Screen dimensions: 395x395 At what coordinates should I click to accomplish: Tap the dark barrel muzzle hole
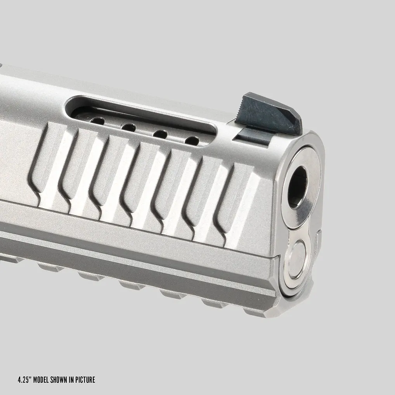(x=298, y=187)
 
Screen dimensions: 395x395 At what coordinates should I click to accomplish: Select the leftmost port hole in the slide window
(x=97, y=121)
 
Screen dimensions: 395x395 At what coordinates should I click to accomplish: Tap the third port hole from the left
(x=161, y=134)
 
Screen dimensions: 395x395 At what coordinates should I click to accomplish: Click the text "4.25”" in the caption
(x=25, y=379)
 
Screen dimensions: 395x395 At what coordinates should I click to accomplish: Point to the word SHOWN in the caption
(x=59, y=379)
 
